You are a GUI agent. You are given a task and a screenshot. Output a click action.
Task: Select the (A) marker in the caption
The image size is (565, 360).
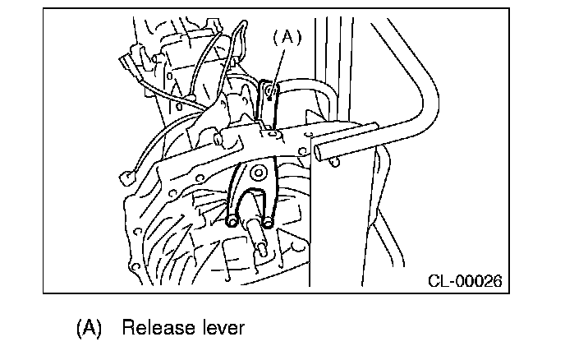pyautogui.click(x=88, y=328)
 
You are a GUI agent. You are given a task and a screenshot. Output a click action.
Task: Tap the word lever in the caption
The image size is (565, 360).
pyautogui.click(x=222, y=328)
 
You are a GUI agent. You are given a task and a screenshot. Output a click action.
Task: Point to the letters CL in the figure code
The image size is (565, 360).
pyautogui.click(x=438, y=282)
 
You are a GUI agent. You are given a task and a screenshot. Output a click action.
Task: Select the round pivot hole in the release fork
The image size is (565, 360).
pyautogui.click(x=258, y=173)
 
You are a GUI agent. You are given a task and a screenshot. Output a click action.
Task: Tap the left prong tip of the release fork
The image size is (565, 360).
pyautogui.click(x=233, y=222)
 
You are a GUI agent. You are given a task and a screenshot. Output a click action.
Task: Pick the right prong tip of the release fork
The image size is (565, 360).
pyautogui.click(x=269, y=221)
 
